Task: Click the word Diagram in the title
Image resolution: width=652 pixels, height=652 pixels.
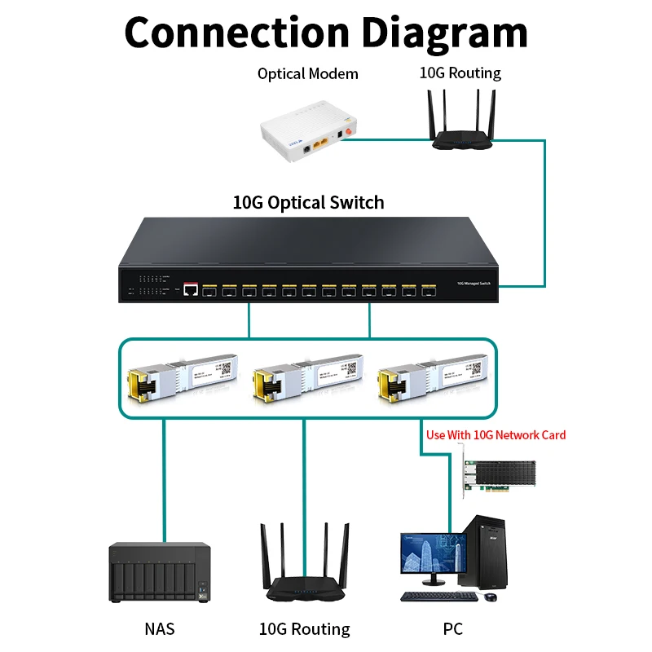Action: tap(445, 33)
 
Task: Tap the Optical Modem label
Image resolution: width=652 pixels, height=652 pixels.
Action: tap(308, 74)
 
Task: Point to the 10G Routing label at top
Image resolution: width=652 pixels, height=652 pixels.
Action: tap(460, 73)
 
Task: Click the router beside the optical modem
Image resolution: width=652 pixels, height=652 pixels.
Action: tap(460, 122)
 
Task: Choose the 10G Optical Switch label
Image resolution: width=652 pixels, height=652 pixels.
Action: tap(308, 202)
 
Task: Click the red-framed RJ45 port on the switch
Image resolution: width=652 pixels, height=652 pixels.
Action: tap(191, 289)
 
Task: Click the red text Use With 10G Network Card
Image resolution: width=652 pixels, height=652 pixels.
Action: tap(496, 435)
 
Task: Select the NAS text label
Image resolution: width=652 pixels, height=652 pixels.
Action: tap(160, 628)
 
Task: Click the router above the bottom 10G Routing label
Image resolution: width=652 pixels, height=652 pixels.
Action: tap(304, 570)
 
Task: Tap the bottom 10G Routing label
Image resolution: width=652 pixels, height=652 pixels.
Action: tap(304, 629)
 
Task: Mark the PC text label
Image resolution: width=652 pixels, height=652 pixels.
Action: tap(452, 628)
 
